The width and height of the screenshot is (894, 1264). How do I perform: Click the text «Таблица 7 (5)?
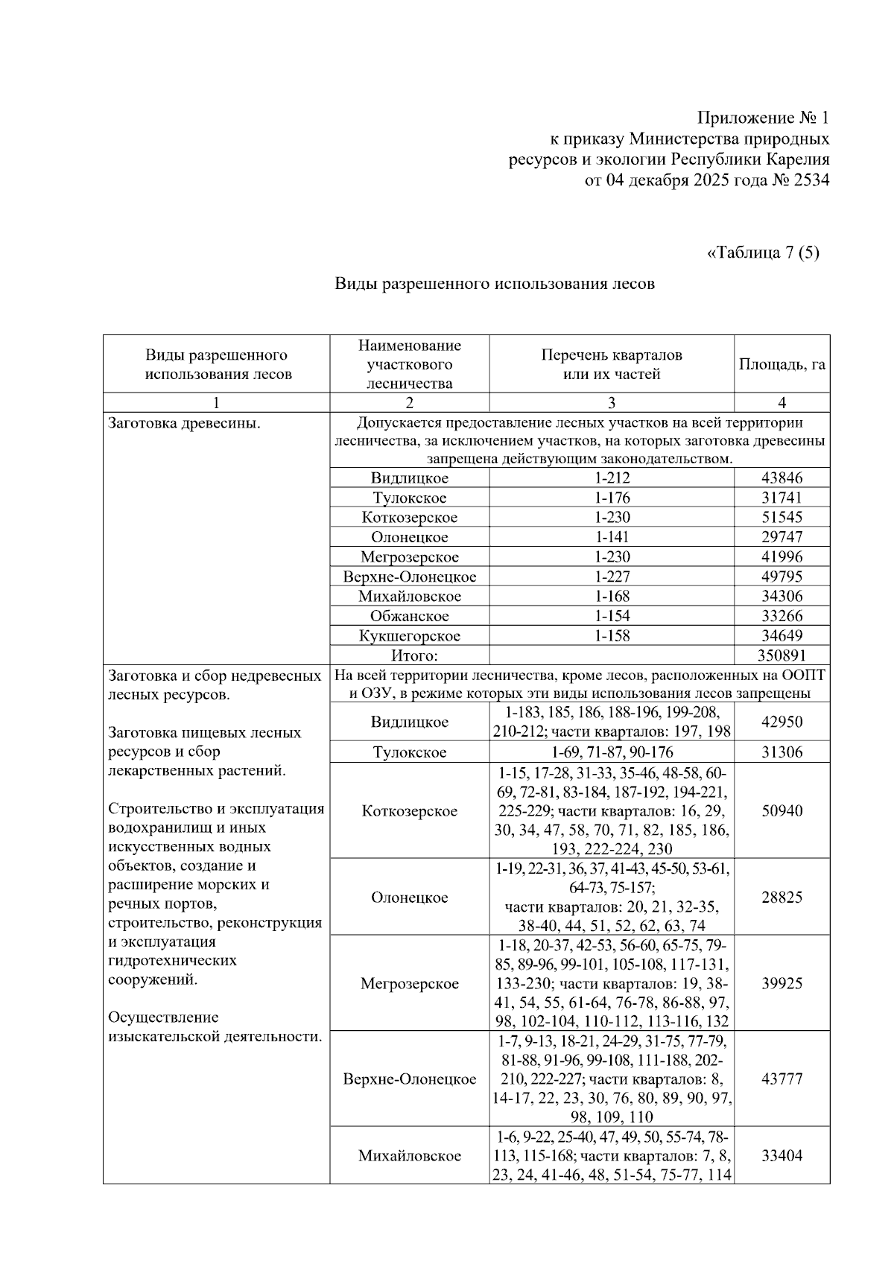tap(762, 253)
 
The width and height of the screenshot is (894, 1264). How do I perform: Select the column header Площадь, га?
tap(782, 364)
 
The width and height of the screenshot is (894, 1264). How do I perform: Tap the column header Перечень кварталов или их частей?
tap(611, 364)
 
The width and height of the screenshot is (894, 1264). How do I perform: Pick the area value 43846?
tap(782, 478)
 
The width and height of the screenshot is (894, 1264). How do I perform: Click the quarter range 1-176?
tap(612, 498)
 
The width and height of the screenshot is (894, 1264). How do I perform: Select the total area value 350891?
tap(782, 655)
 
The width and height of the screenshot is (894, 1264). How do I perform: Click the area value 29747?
tap(782, 537)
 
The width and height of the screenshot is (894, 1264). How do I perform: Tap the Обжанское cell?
tap(409, 616)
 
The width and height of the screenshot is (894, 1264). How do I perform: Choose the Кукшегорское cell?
tap(409, 636)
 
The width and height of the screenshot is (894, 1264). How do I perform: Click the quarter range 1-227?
tap(612, 577)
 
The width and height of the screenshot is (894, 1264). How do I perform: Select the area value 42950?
tap(782, 722)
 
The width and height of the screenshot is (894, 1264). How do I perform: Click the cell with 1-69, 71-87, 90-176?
tap(612, 752)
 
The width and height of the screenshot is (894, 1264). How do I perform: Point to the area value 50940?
tap(782, 810)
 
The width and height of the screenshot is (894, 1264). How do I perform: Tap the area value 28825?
tap(782, 897)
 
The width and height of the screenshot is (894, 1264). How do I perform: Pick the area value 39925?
tap(782, 983)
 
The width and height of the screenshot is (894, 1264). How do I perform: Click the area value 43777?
tap(782, 1079)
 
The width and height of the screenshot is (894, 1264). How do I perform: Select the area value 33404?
tap(782, 1155)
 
